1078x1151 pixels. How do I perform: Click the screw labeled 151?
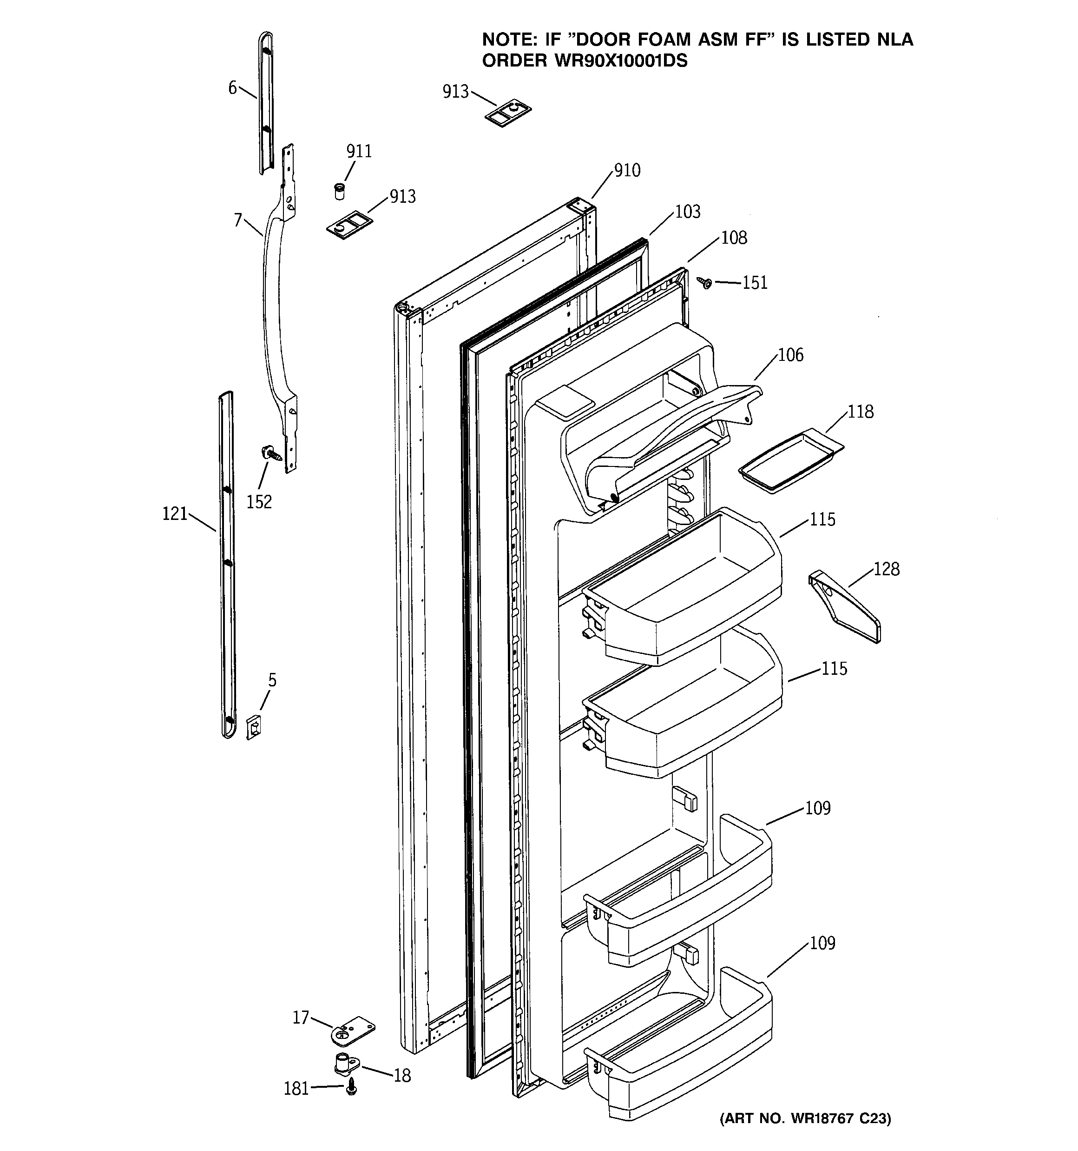coord(705,283)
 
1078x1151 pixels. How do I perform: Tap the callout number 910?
coord(627,170)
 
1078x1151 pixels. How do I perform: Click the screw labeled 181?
coord(351,1089)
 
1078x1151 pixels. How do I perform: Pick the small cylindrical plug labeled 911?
coord(340,191)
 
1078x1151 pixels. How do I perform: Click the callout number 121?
coord(175,513)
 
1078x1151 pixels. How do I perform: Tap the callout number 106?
coord(790,354)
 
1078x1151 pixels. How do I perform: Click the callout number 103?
coord(687,212)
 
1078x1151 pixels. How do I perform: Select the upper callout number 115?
coord(822,519)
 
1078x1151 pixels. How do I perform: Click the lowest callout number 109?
coord(822,943)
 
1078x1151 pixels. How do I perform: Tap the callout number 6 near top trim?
coord(233,88)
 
